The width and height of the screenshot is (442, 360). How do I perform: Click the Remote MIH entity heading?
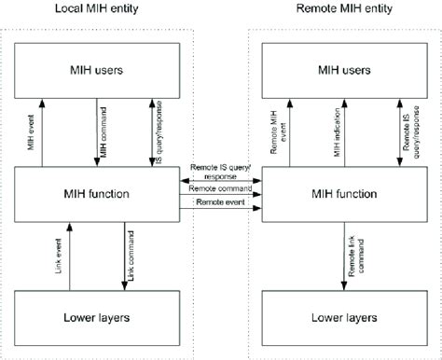[x=337, y=8]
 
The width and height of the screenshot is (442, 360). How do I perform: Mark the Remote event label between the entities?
[x=221, y=202]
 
